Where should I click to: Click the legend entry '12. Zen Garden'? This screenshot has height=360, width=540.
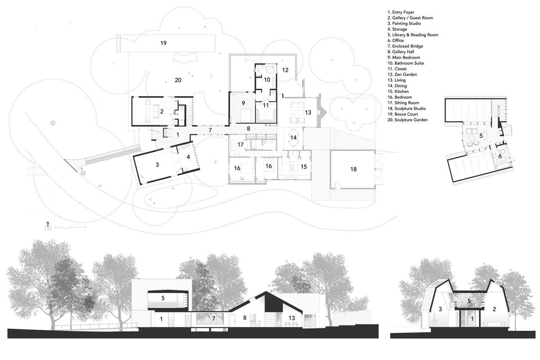click(402, 75)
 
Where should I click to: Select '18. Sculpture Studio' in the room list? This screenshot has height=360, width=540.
click(406, 108)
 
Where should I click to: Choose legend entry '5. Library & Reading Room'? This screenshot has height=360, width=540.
click(413, 35)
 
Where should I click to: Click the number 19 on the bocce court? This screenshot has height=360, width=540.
click(163, 43)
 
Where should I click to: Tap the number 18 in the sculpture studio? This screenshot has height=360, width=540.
click(353, 169)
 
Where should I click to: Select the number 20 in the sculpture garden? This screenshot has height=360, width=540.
click(178, 80)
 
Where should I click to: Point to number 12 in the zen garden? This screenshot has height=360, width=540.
click(285, 70)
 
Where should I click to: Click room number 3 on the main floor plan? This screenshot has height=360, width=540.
click(157, 165)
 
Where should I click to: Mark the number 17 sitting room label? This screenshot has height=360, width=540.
click(240, 144)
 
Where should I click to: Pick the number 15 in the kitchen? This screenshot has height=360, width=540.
click(303, 167)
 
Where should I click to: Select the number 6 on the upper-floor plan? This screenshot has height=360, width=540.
click(500, 156)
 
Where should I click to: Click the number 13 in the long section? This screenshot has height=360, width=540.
click(292, 318)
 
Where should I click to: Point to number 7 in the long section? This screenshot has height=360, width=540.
click(213, 319)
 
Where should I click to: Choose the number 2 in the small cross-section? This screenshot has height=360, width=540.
click(494, 309)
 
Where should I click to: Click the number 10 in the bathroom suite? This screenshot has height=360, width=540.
click(267, 80)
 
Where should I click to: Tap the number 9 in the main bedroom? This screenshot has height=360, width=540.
click(243, 103)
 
